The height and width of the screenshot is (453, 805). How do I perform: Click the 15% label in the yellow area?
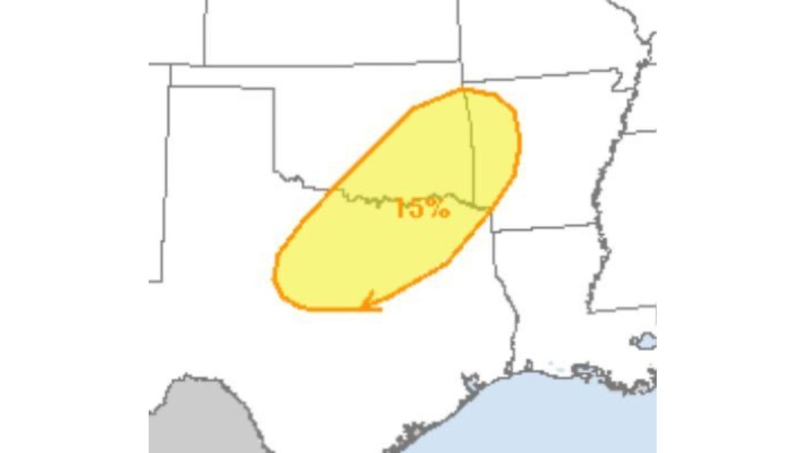422,209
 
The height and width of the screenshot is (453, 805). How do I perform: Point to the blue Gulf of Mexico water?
566,415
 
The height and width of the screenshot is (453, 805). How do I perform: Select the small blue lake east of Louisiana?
645,342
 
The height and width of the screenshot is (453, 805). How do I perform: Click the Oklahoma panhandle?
220,75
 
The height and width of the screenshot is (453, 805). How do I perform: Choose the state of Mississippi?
629,239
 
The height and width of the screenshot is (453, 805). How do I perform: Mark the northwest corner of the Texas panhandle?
170,87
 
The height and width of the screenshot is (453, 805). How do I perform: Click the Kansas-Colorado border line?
204,31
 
